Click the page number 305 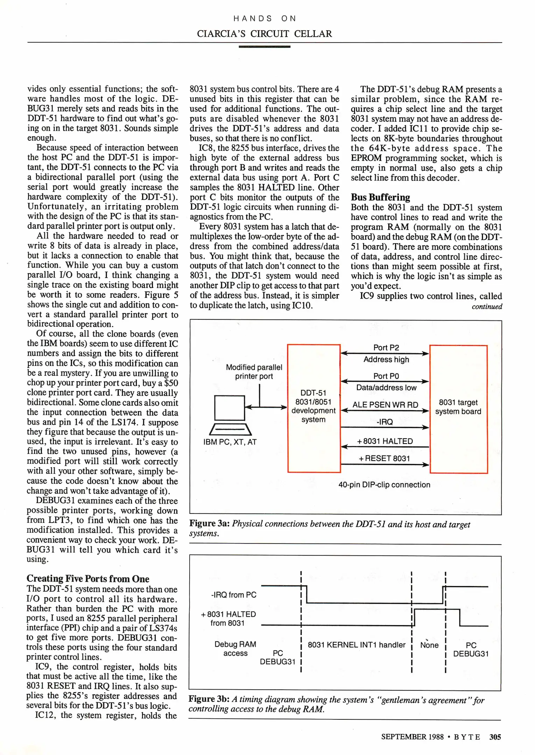pyautogui.click(x=495, y=736)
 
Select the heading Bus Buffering pyautogui.click(x=380, y=197)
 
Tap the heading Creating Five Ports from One pyautogui.click(x=88, y=578)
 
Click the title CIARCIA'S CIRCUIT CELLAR pyautogui.click(x=264, y=34)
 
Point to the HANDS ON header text pyautogui.click(x=265, y=19)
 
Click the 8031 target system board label pyautogui.click(x=458, y=407)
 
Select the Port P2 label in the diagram pyautogui.click(x=386, y=347)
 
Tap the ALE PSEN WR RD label pyautogui.click(x=385, y=404)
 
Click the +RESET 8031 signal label pyautogui.click(x=384, y=458)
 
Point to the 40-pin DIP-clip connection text pyautogui.click(x=384, y=484)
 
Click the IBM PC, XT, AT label pyautogui.click(x=230, y=442)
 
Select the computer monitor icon pyautogui.click(x=230, y=408)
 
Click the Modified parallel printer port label pyautogui.click(x=254, y=372)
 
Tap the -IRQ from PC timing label pyautogui.click(x=234, y=595)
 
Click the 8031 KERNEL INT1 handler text pyautogui.click(x=356, y=645)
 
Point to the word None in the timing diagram pyautogui.click(x=429, y=645)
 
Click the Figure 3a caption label pyautogui.click(x=209, y=524)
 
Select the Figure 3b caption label pyautogui.click(x=209, y=699)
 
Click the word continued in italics pyautogui.click(x=487, y=307)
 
